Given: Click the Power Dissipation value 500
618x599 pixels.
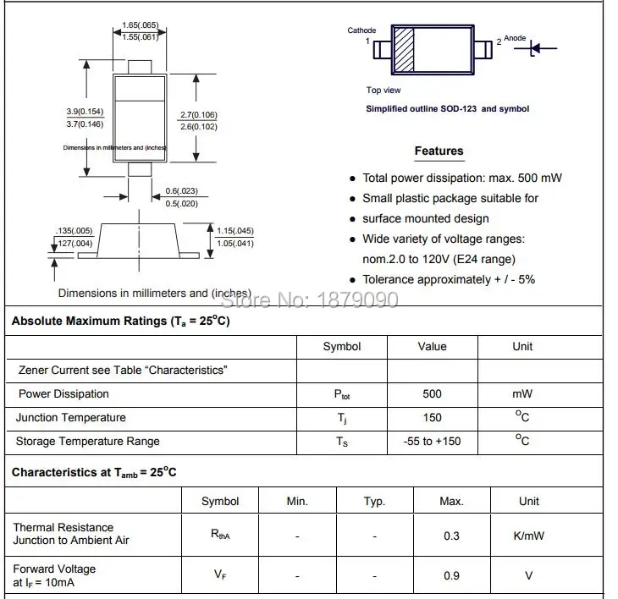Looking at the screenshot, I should (x=432, y=394).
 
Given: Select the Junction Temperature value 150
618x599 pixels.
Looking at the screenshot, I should (x=432, y=418).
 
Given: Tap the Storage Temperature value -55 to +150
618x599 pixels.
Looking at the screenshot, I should (x=432, y=442).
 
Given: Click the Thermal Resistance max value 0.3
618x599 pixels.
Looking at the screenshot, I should (x=451, y=536).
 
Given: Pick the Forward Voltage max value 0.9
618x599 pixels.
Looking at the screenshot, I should (x=451, y=575).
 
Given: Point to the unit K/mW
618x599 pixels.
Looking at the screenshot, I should (x=529, y=536).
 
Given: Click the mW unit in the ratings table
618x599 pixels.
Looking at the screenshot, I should (x=522, y=394).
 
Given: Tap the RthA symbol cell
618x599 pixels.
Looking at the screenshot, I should (x=220, y=535).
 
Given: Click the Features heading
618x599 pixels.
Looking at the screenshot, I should (x=439, y=151).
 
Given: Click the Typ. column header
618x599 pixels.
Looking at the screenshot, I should (x=374, y=502).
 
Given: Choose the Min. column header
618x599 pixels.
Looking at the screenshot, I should (x=297, y=502).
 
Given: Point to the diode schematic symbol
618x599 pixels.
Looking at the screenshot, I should (x=535, y=49).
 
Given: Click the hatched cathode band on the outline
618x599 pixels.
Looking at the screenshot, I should (x=404, y=49).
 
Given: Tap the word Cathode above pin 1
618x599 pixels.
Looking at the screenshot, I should (x=361, y=30).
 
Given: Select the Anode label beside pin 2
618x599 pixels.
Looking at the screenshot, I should (x=515, y=38).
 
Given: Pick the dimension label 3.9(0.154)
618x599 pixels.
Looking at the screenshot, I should (x=85, y=112).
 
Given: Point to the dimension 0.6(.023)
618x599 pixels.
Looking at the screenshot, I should (x=181, y=191).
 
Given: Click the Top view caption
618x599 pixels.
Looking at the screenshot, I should (x=383, y=91).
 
